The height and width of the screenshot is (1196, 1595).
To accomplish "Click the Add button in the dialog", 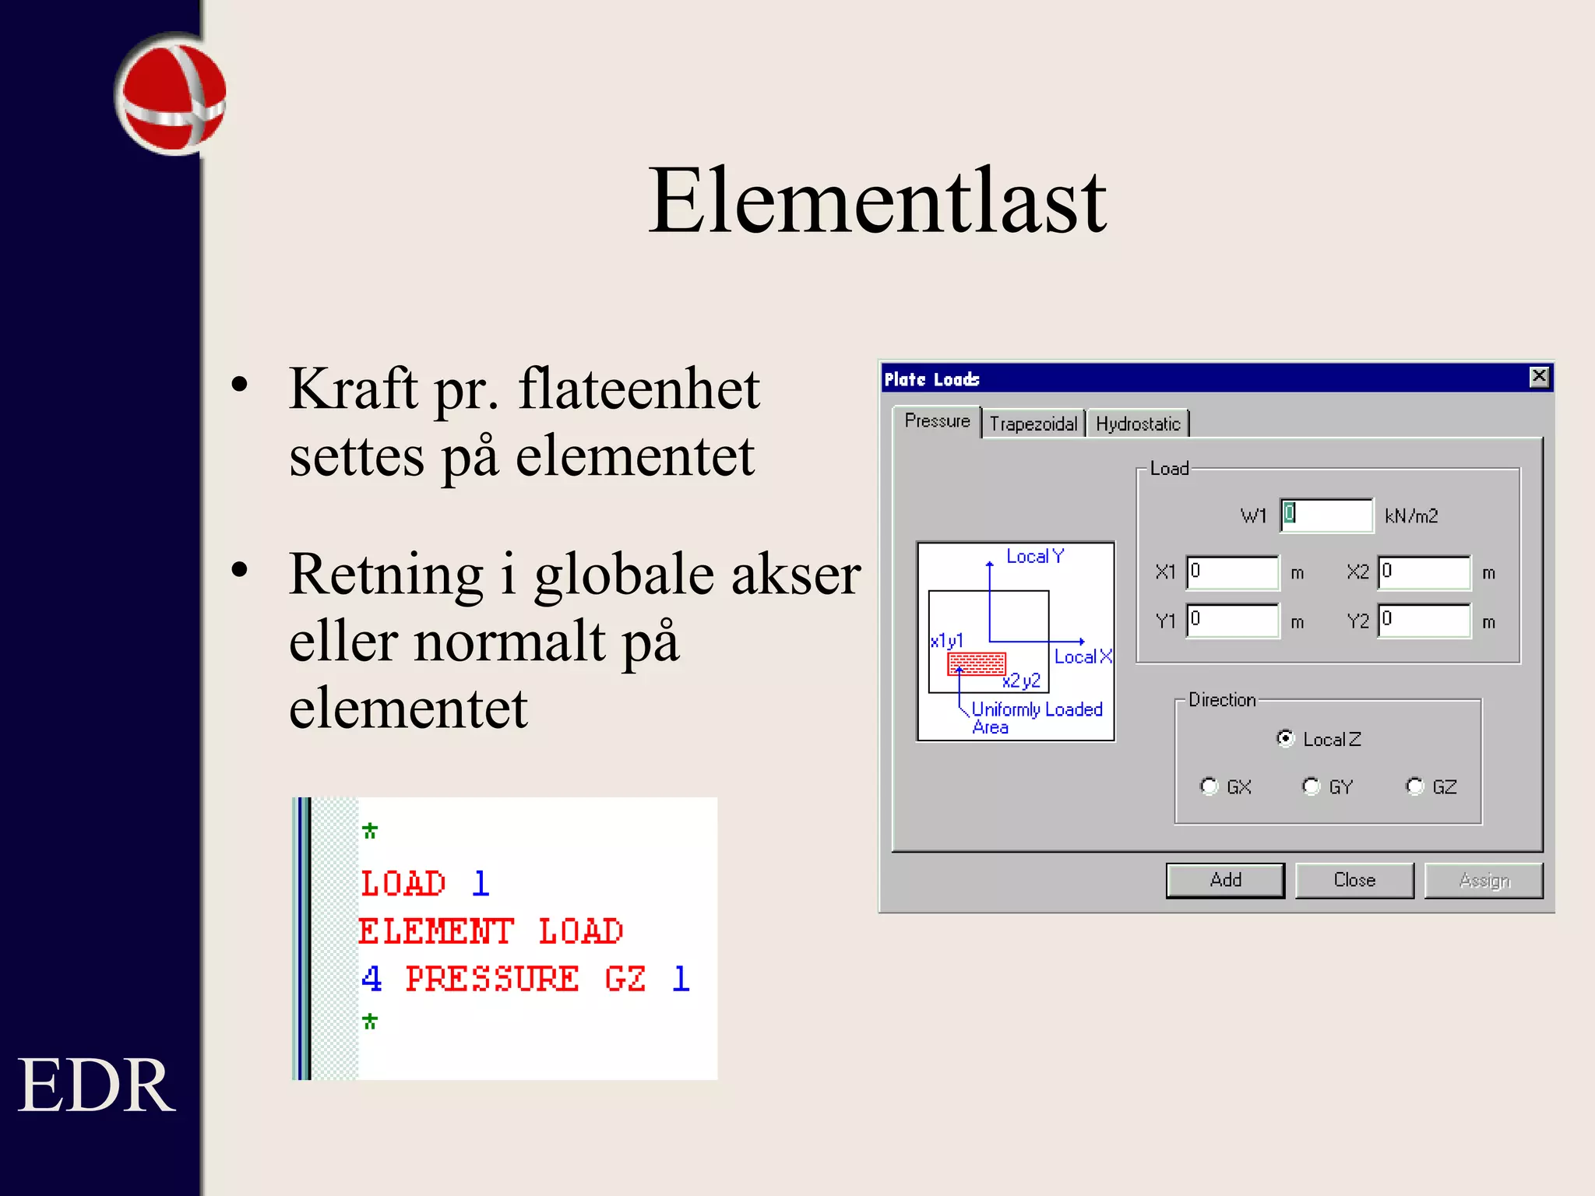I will (x=1224, y=880).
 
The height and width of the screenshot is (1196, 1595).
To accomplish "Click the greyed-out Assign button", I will (x=1484, y=880).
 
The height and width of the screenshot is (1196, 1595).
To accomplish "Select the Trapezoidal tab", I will (x=1033, y=424).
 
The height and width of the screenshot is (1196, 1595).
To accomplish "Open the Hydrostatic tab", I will (x=1138, y=424).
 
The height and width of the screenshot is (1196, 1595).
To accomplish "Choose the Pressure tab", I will (x=937, y=421).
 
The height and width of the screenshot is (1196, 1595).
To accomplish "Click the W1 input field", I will (x=1326, y=515).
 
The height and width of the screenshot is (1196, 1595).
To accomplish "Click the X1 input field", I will (x=1232, y=572).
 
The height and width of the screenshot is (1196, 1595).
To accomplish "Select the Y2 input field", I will (x=1424, y=621).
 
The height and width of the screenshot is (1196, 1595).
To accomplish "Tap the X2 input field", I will (x=1424, y=572).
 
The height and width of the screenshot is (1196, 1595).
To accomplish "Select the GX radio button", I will (x=1209, y=786).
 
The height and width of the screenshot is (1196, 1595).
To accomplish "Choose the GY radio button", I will (x=1312, y=786).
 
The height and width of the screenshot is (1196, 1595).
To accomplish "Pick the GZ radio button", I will (x=1415, y=786).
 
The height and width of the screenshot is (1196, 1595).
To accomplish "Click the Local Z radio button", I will (x=1286, y=738).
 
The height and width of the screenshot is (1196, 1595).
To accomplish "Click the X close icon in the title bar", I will (x=1539, y=378).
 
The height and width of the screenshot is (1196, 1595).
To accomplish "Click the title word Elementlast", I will (x=877, y=201).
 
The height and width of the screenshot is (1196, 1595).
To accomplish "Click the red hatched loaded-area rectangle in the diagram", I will (x=977, y=663).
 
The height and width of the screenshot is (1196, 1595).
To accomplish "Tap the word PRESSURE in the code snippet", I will (x=492, y=979).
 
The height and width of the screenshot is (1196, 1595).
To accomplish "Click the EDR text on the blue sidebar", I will (x=96, y=1085).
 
